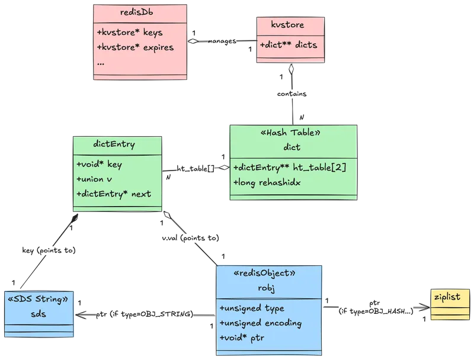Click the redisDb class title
coord(140,12)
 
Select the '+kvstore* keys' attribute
coord(129,32)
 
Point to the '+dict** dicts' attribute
coord(288,45)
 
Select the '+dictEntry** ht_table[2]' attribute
coord(290,168)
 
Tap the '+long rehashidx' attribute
coord(267,182)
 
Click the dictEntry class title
coord(114,144)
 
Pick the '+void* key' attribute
coord(99,165)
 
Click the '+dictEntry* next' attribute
coord(113,194)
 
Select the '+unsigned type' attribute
coord(252,308)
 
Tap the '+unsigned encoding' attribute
coord(260,323)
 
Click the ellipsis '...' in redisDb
coord(101,62)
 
